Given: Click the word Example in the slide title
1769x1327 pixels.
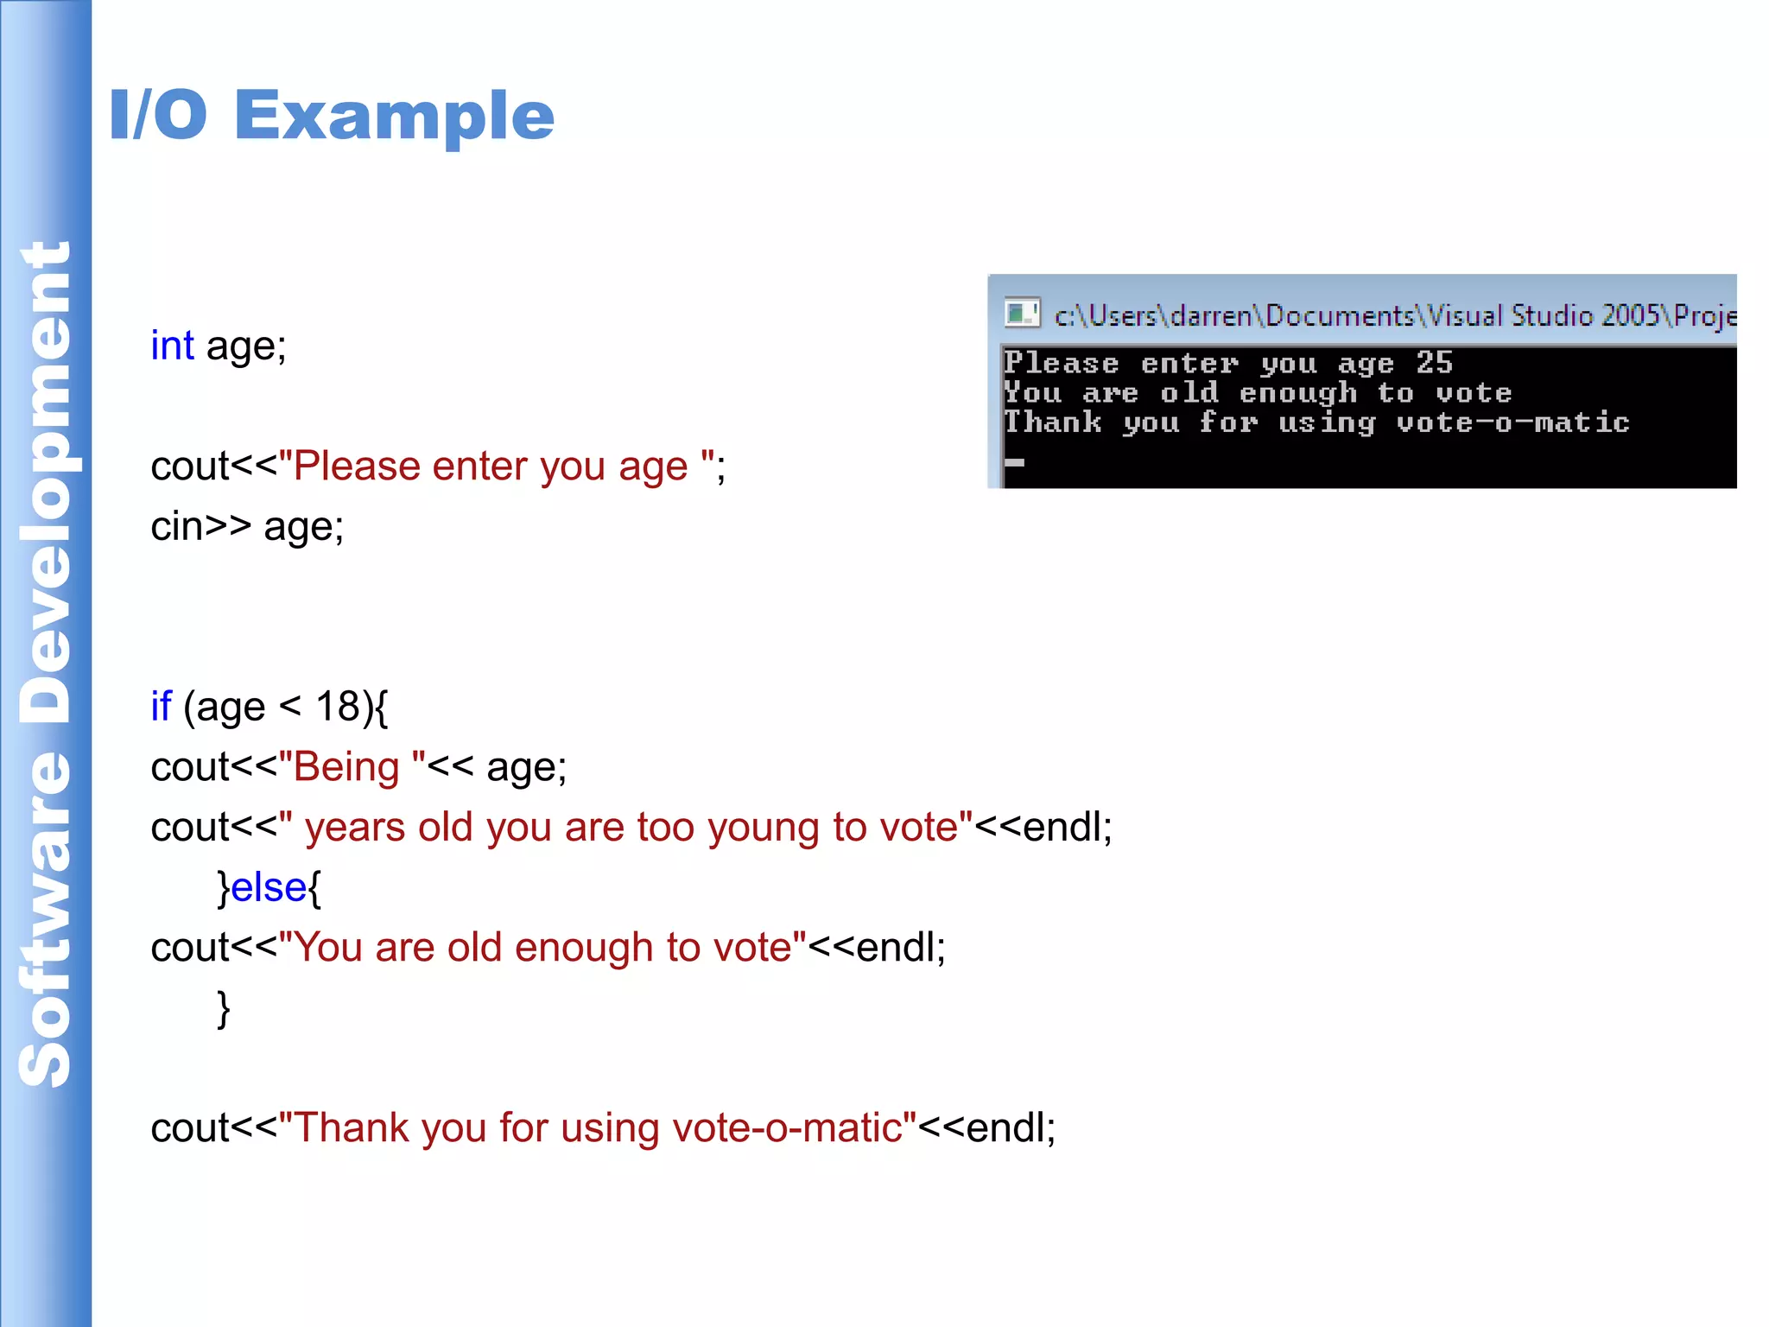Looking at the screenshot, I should (394, 117).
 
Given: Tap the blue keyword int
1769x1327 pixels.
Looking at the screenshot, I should (172, 346).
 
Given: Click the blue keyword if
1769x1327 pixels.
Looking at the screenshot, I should (161, 707).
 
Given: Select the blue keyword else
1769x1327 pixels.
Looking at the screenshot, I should (269, 887).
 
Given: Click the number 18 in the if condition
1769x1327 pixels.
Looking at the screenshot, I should (338, 707).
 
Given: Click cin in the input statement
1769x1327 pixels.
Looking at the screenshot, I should (177, 527).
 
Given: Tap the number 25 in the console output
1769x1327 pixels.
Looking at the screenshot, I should (1434, 363).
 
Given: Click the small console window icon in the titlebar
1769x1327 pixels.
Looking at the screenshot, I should (1022, 313).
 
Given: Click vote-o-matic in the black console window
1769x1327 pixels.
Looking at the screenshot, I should (1512, 422).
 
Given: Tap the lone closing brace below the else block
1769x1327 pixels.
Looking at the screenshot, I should (224, 1008).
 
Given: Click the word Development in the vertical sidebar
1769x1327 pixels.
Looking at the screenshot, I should (45, 484).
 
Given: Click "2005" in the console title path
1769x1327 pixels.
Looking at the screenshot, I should (1629, 316).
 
